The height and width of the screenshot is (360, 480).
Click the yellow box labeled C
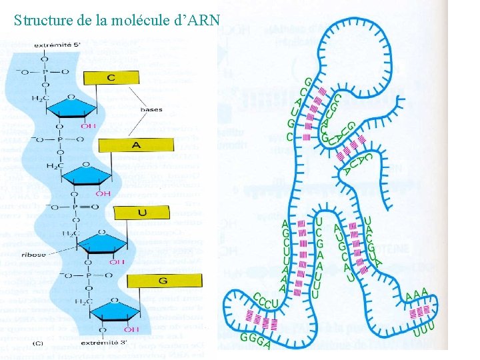(x=111, y=78)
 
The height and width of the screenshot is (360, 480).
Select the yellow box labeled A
(x=136, y=145)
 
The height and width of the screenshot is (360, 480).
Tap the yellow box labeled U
(x=141, y=212)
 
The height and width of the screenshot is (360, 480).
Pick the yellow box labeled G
(x=163, y=281)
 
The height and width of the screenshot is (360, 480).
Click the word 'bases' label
(x=152, y=109)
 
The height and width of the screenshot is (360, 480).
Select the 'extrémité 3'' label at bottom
(x=110, y=341)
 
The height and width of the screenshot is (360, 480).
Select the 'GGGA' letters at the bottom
(x=255, y=340)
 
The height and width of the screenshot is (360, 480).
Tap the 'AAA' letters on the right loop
(x=417, y=295)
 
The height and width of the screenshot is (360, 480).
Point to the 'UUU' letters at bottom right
(x=424, y=328)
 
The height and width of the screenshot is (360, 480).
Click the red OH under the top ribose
(x=88, y=125)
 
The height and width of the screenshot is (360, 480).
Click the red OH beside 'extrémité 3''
(x=131, y=329)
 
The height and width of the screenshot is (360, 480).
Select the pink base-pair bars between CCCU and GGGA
(x=259, y=319)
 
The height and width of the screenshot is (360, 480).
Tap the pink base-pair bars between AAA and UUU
(x=420, y=311)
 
